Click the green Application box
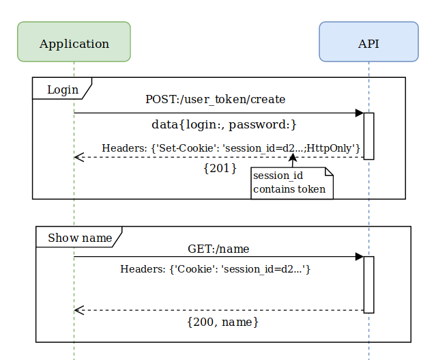point(74,42)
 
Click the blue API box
point(368,42)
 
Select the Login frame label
point(61,89)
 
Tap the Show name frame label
point(78,238)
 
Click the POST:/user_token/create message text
point(215,99)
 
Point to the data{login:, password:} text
point(224,124)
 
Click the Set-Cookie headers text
point(231,148)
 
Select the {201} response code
point(220,167)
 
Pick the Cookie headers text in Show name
point(216,269)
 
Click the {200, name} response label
point(222,321)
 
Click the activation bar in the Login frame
point(368,136)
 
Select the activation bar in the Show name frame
point(368,284)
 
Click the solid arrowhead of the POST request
point(360,113)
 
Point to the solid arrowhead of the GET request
point(360,257)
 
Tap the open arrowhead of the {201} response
point(78,157)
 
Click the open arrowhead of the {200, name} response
point(78,310)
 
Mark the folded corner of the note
point(328,171)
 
